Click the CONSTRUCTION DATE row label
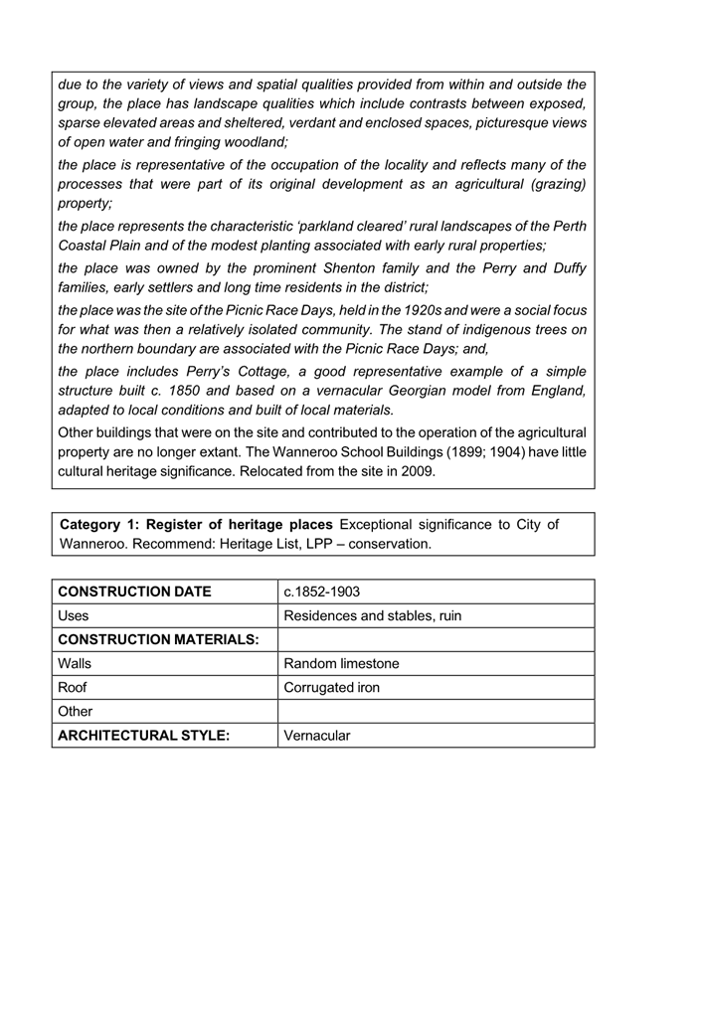pos(134,592)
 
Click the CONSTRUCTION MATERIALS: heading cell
pos(159,639)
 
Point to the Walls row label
pos(78,663)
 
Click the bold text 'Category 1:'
pos(100,524)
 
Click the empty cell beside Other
pos(436,711)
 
